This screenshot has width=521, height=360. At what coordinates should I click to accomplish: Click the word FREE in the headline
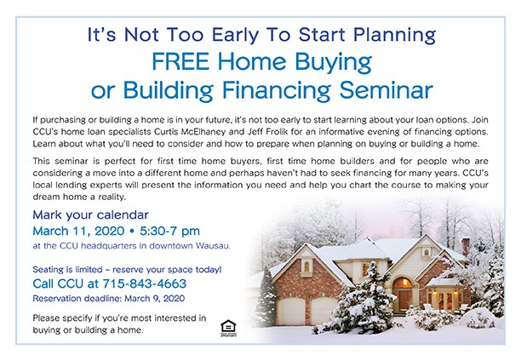pyautogui.click(x=180, y=61)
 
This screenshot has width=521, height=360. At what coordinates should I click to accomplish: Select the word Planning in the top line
pyautogui.click(x=394, y=35)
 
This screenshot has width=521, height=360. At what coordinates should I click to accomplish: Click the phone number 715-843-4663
pyautogui.click(x=145, y=283)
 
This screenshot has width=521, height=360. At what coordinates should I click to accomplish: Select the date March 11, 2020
pyautogui.click(x=78, y=231)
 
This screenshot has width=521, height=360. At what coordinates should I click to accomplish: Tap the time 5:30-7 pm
pyautogui.click(x=169, y=231)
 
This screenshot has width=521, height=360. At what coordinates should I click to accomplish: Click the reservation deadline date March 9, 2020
pyautogui.click(x=154, y=298)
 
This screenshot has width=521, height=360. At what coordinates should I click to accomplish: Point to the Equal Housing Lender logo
pyautogui.click(x=228, y=329)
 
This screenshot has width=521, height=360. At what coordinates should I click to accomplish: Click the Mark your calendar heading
pyautogui.click(x=91, y=215)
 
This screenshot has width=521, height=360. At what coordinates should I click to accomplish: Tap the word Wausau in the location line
pyautogui.click(x=213, y=246)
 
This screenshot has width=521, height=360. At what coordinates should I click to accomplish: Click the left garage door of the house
pyautogui.click(x=291, y=311)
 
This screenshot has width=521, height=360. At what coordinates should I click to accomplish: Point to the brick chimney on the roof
pyautogui.click(x=466, y=247)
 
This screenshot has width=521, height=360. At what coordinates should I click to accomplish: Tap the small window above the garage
pyautogui.click(x=306, y=266)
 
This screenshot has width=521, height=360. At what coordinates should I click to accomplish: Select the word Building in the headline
pyautogui.click(x=168, y=90)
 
